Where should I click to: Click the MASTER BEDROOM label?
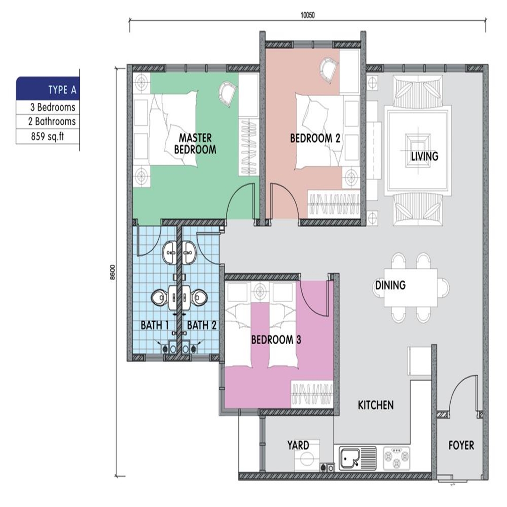[x=195, y=144]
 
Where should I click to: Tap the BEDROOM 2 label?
[x=315, y=138]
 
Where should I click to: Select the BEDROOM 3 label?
[x=276, y=339]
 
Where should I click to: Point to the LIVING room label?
[x=424, y=156]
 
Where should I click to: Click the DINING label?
[x=390, y=285]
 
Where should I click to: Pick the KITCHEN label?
[x=376, y=405]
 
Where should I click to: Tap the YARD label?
[x=298, y=445]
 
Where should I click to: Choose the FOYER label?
[x=461, y=445]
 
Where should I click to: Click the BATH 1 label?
[x=155, y=325]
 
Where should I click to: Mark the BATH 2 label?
[x=202, y=325]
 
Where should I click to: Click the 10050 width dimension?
[x=307, y=15]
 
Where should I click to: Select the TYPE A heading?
[x=62, y=90]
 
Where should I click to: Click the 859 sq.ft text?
[x=47, y=136]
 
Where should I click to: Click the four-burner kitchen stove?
[x=396, y=458]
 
